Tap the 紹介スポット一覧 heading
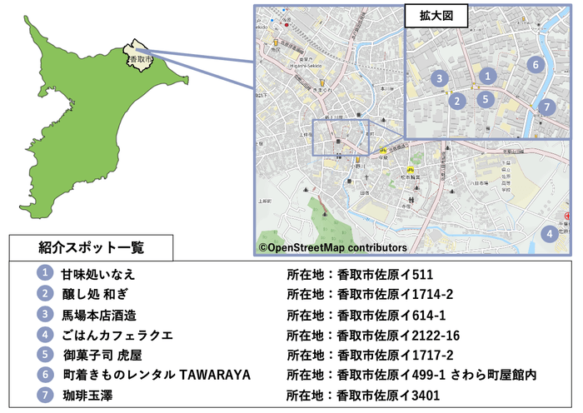(x=92, y=247)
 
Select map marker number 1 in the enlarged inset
(x=489, y=76)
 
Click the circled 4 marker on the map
(x=550, y=234)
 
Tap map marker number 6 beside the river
(x=536, y=64)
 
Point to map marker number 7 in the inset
(x=546, y=107)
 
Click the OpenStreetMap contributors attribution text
(x=332, y=247)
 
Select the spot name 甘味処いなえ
(x=98, y=274)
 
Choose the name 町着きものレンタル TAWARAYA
(x=157, y=376)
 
